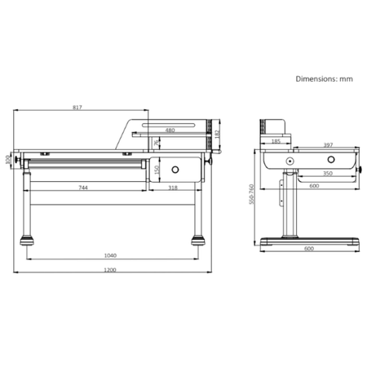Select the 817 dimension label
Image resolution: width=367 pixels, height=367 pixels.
click(77, 106)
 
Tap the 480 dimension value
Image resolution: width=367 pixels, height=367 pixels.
click(170, 130)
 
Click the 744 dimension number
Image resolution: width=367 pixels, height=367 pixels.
click(83, 188)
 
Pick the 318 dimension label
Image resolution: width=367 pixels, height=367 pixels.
click(173, 188)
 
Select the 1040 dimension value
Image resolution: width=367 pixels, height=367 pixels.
click(110, 255)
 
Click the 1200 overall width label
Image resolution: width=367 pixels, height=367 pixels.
click(110, 270)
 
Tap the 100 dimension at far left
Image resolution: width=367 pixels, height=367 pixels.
click(9, 158)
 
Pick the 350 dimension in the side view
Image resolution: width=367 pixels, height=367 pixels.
click(327, 174)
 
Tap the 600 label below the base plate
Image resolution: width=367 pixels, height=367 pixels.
click(309, 249)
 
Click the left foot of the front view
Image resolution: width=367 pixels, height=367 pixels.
click(27, 241)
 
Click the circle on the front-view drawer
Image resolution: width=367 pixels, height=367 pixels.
click(175, 171)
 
